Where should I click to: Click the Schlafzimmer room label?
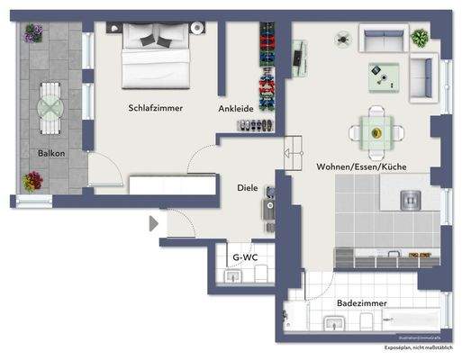click(155, 108)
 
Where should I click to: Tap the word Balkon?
click(50, 153)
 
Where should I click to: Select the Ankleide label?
click(235, 109)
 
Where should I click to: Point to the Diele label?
click(247, 188)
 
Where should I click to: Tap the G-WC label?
click(244, 257)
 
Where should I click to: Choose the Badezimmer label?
click(362, 303)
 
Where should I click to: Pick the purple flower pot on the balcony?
click(34, 33)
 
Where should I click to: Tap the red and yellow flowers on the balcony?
click(33, 181)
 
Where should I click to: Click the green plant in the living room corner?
click(420, 38)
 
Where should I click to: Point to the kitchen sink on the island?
click(413, 199)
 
